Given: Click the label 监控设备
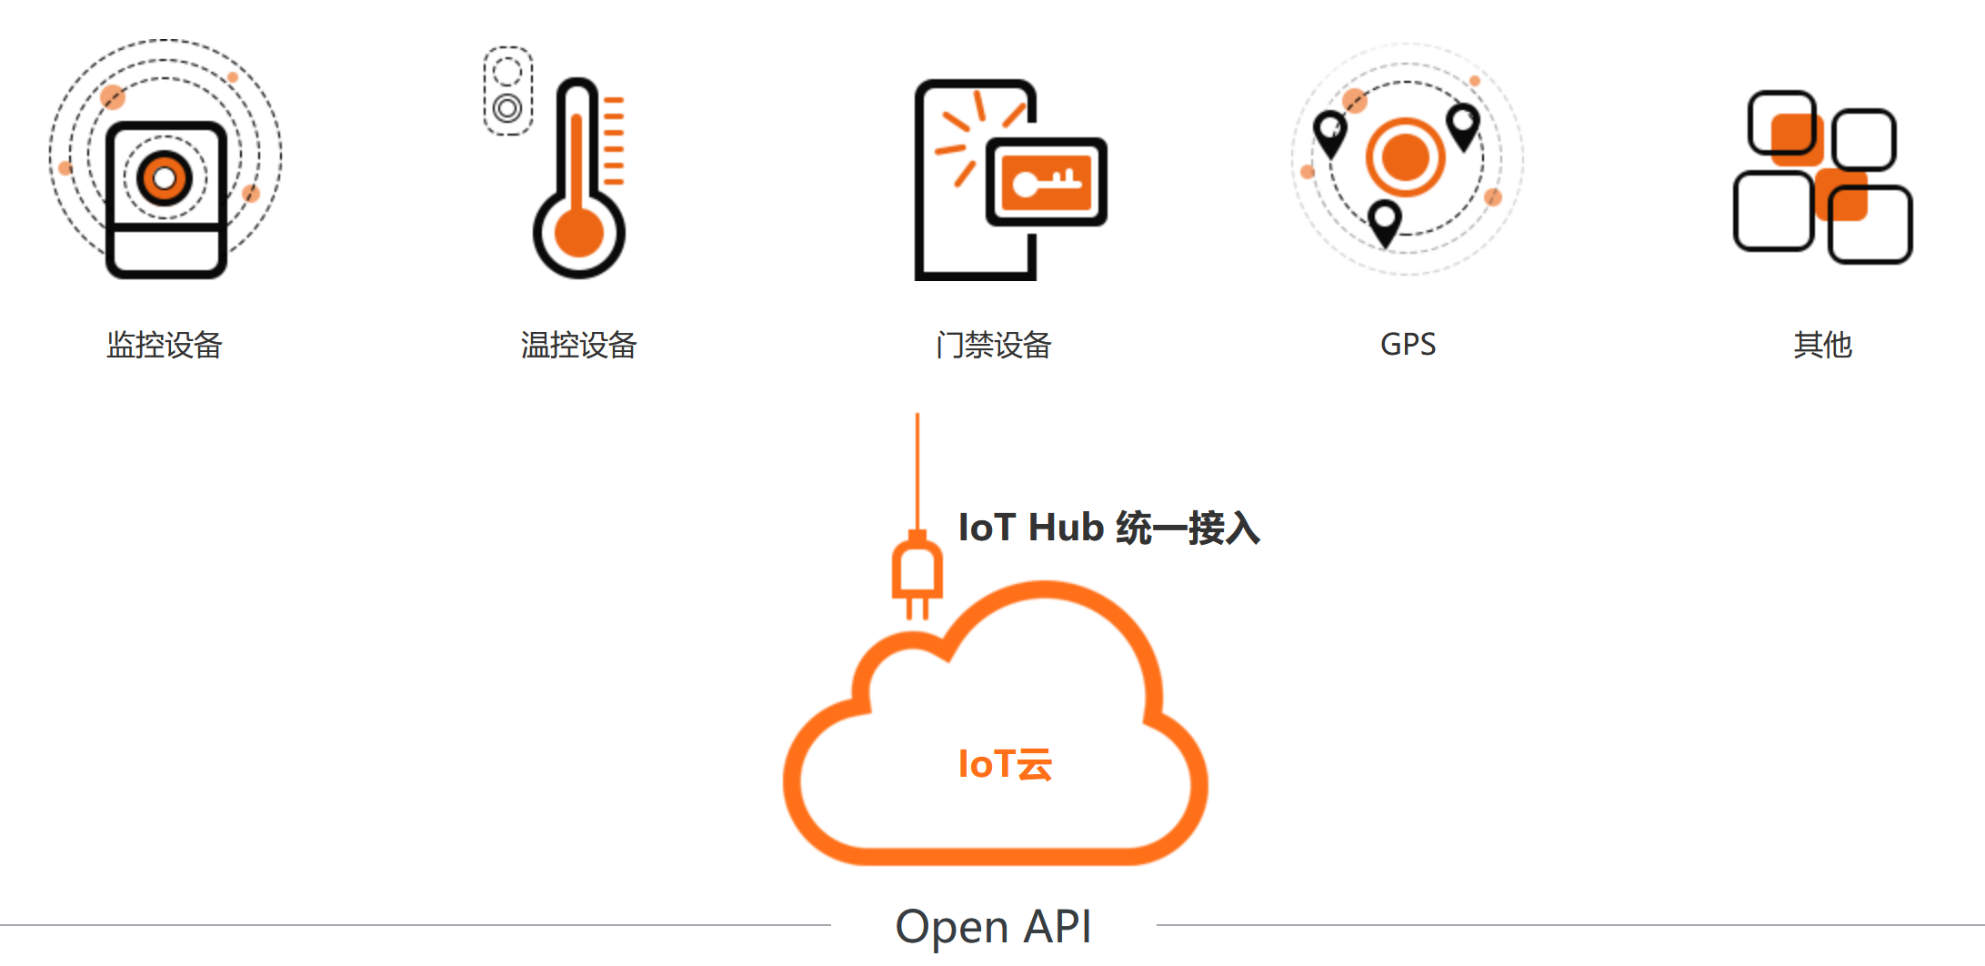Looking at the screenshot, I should point(165,345).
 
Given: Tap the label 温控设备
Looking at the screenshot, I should point(578,345).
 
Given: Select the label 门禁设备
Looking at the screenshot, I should point(993,345).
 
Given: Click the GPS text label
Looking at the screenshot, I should point(1408,345).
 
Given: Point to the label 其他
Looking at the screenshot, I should point(1822,345).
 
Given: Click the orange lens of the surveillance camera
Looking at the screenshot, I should point(165,177).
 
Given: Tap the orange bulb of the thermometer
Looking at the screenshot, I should point(578,233).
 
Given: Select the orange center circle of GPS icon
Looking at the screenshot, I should point(1405,157).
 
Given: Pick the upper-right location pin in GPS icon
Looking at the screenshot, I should point(1463,126).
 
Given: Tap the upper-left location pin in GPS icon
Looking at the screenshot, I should point(1330,133).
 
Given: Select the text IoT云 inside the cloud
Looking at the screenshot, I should point(1005,764).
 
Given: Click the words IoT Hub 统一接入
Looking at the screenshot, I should point(1108,528).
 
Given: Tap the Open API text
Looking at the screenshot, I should point(993,927).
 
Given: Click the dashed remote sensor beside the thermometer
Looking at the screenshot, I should point(507,91).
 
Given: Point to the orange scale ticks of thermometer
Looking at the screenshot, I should point(614,141).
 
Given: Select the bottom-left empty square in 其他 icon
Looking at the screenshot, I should point(1773,211).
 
